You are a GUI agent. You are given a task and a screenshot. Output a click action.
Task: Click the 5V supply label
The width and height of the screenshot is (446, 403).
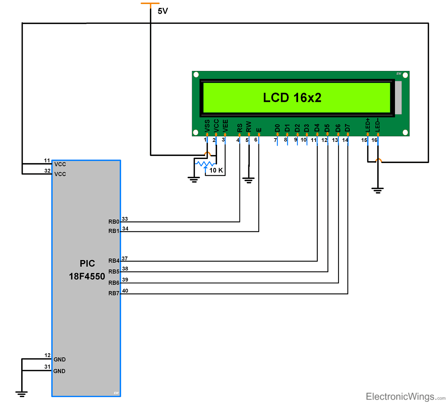(163, 11)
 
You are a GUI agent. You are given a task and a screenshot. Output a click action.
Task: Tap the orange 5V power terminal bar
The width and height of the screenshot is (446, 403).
(150, 4)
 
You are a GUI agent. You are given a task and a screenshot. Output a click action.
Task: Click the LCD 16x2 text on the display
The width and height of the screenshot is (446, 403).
(292, 98)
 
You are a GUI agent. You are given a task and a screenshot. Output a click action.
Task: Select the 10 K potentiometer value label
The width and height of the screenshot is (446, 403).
(216, 170)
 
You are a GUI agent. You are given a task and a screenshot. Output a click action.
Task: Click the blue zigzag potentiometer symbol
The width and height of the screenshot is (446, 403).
(205, 163)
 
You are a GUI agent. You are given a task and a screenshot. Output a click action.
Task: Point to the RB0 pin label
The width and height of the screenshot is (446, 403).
(114, 222)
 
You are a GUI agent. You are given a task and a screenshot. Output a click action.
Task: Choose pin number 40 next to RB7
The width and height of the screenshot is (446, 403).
(125, 291)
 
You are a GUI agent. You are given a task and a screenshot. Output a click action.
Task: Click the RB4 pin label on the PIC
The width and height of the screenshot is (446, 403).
(114, 261)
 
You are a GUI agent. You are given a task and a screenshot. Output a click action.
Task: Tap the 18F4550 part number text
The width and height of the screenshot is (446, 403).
(87, 277)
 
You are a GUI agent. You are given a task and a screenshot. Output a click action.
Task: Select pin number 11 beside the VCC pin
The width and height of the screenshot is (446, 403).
(47, 160)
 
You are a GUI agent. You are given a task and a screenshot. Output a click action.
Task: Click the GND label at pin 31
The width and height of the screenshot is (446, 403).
(59, 371)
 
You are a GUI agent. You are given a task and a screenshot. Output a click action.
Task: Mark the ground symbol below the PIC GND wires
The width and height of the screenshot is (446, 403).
(22, 394)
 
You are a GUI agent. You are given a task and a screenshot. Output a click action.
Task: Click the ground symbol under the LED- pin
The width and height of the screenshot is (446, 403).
(378, 191)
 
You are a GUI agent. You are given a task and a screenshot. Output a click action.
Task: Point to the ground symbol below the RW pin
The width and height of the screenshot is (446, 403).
(248, 181)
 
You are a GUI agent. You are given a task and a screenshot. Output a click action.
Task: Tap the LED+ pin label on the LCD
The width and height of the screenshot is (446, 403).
(368, 125)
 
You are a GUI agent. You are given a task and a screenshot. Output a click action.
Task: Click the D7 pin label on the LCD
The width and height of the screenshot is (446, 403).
(348, 128)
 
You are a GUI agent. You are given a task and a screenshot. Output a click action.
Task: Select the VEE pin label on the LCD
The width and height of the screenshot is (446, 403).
(225, 126)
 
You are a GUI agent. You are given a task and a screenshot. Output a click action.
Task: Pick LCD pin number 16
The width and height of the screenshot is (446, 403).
(374, 140)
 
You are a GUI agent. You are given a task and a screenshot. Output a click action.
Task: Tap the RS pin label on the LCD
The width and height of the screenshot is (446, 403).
(239, 127)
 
